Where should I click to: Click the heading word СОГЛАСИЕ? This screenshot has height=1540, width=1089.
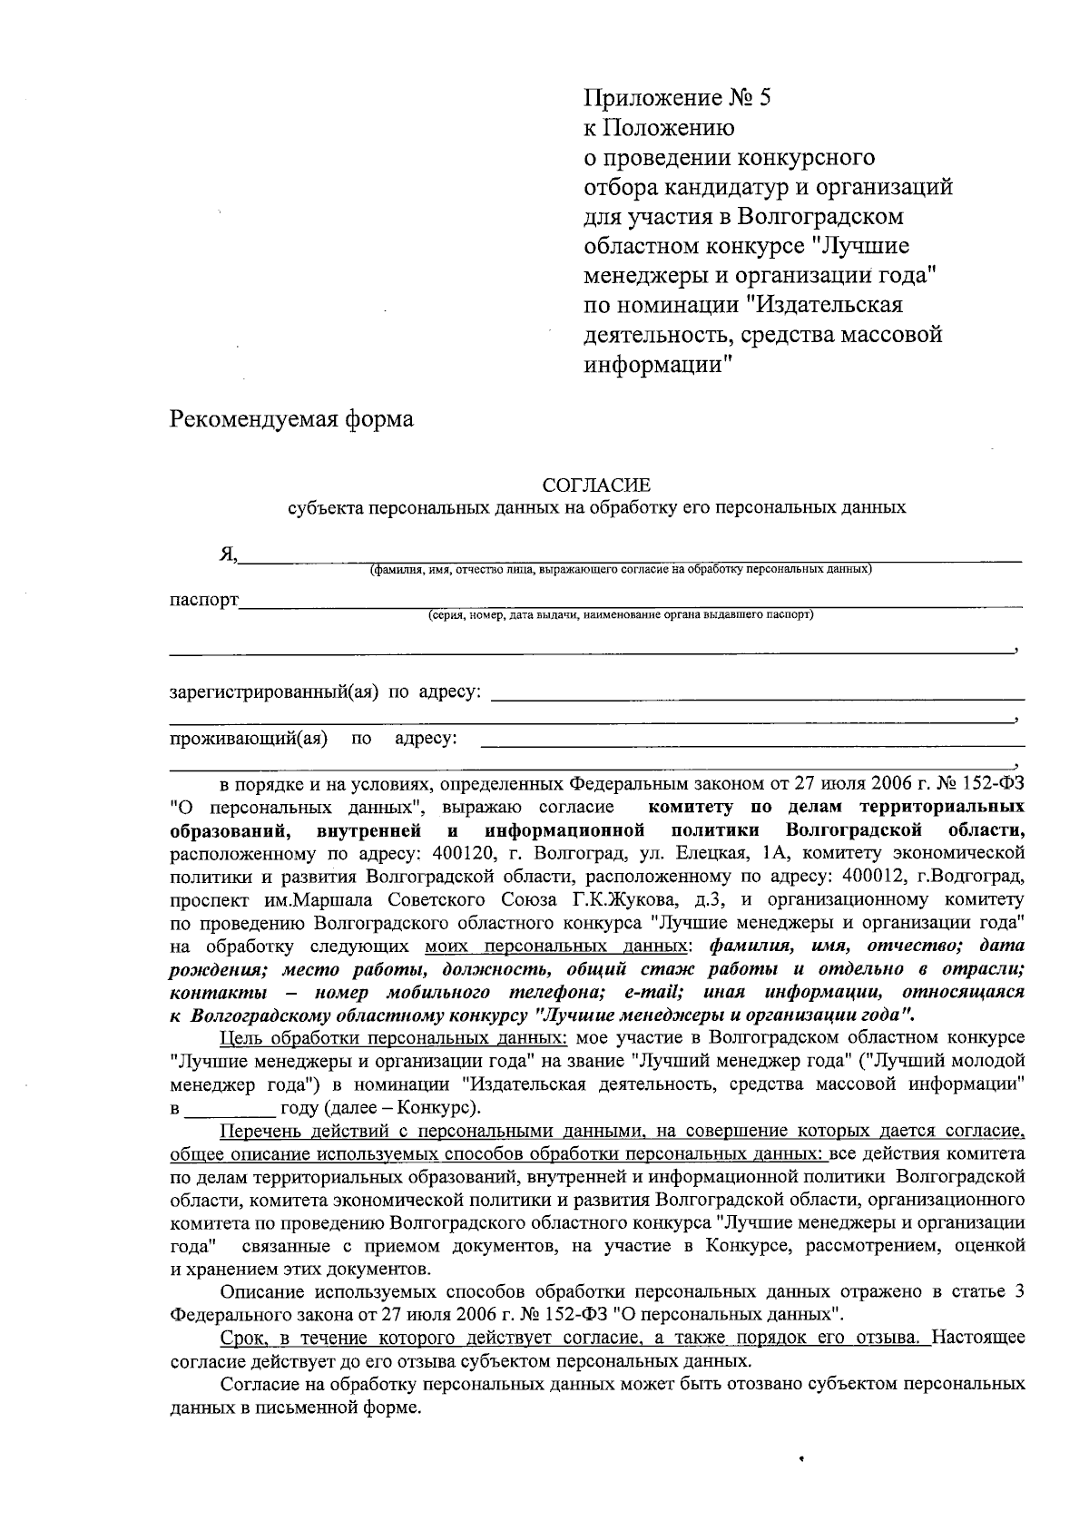596,486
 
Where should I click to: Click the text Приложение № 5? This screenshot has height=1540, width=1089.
676,98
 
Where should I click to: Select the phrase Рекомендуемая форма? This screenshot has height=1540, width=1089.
291,419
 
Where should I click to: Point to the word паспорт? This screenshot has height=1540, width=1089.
204,600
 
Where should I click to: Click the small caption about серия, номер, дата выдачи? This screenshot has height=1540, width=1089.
621,614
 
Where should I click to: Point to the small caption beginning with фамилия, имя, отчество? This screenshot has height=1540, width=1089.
621,570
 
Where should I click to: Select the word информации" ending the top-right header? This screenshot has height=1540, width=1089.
657,365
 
